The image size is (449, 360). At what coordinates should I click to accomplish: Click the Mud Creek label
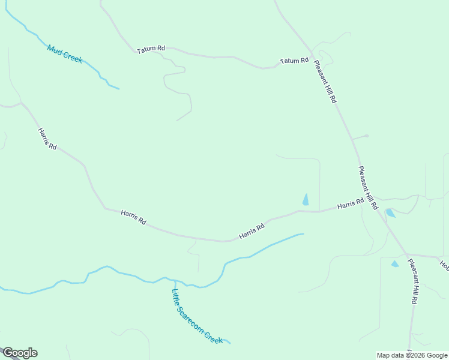pos(65,55)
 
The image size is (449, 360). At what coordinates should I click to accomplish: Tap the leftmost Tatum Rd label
pos(151,49)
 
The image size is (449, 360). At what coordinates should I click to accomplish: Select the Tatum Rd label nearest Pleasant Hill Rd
pos(294,61)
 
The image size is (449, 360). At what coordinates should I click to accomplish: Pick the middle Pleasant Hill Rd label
pos(367,187)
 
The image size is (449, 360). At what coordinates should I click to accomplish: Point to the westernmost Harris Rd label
pos(47,139)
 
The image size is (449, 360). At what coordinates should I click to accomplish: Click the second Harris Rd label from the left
pos(133,217)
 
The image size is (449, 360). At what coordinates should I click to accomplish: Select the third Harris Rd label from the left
pos(252,232)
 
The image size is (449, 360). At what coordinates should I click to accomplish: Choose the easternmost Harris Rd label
pos(351,204)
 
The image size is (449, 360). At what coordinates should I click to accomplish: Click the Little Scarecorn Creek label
pos(197,316)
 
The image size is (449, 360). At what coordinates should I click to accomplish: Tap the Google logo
pos(20,353)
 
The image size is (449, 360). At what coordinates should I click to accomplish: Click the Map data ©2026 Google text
pos(412,355)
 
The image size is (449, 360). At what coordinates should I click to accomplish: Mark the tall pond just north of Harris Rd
pos(306,199)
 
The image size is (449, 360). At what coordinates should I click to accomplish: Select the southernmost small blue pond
pos(395,263)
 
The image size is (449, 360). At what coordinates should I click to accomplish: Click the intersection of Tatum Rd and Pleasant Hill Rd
pos(312,53)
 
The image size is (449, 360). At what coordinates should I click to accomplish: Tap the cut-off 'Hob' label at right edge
pos(444,264)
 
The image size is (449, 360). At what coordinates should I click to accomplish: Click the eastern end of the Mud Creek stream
pos(118,89)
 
